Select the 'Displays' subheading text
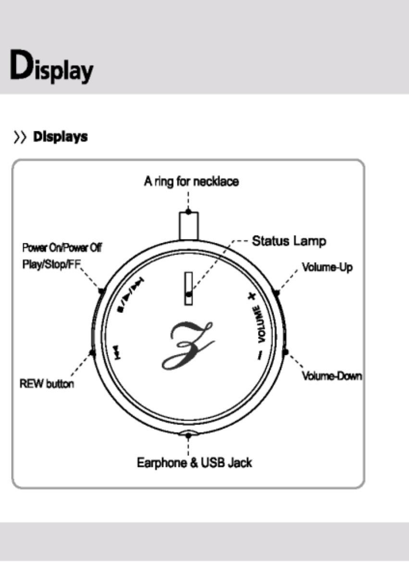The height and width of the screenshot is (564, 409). pos(60,137)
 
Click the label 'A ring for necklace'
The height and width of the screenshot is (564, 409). pos(191,182)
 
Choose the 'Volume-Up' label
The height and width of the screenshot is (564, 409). pos(327,267)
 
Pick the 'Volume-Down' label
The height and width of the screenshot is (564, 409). pos(332,375)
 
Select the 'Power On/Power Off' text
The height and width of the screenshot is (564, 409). pos(62,249)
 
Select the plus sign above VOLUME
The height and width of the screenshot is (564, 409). pos(251,297)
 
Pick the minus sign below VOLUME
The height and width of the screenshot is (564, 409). pos(260,355)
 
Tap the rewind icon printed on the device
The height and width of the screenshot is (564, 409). pos(117,351)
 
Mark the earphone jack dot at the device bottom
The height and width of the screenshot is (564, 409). pos(188,435)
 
